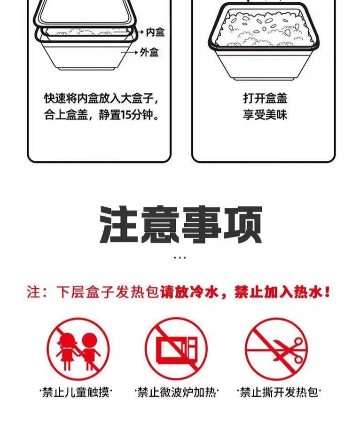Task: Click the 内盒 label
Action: click(155, 32)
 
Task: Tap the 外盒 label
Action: click(149, 52)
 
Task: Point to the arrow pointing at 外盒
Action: click(129, 52)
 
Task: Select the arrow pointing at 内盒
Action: click(130, 32)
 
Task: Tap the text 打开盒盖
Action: click(265, 99)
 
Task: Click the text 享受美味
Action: click(265, 115)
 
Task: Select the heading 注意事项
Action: click(181, 225)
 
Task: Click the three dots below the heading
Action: click(180, 257)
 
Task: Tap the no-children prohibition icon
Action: click(78, 349)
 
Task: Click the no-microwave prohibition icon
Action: click(177, 349)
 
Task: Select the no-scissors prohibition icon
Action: click(276, 349)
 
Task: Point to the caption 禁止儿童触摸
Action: click(76, 392)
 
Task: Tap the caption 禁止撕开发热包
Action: click(279, 392)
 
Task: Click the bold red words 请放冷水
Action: click(189, 292)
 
